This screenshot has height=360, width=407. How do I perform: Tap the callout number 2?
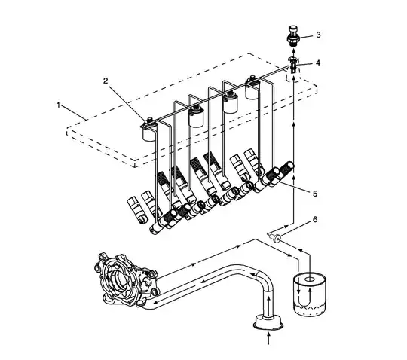107,79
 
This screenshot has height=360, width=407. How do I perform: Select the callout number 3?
318,35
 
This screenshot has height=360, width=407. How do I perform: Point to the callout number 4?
318,63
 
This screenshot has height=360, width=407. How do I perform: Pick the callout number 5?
314,193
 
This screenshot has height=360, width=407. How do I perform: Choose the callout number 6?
314,221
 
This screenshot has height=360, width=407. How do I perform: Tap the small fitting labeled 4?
294,63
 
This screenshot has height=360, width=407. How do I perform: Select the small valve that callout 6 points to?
277,239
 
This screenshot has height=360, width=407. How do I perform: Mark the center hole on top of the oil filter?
308,277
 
